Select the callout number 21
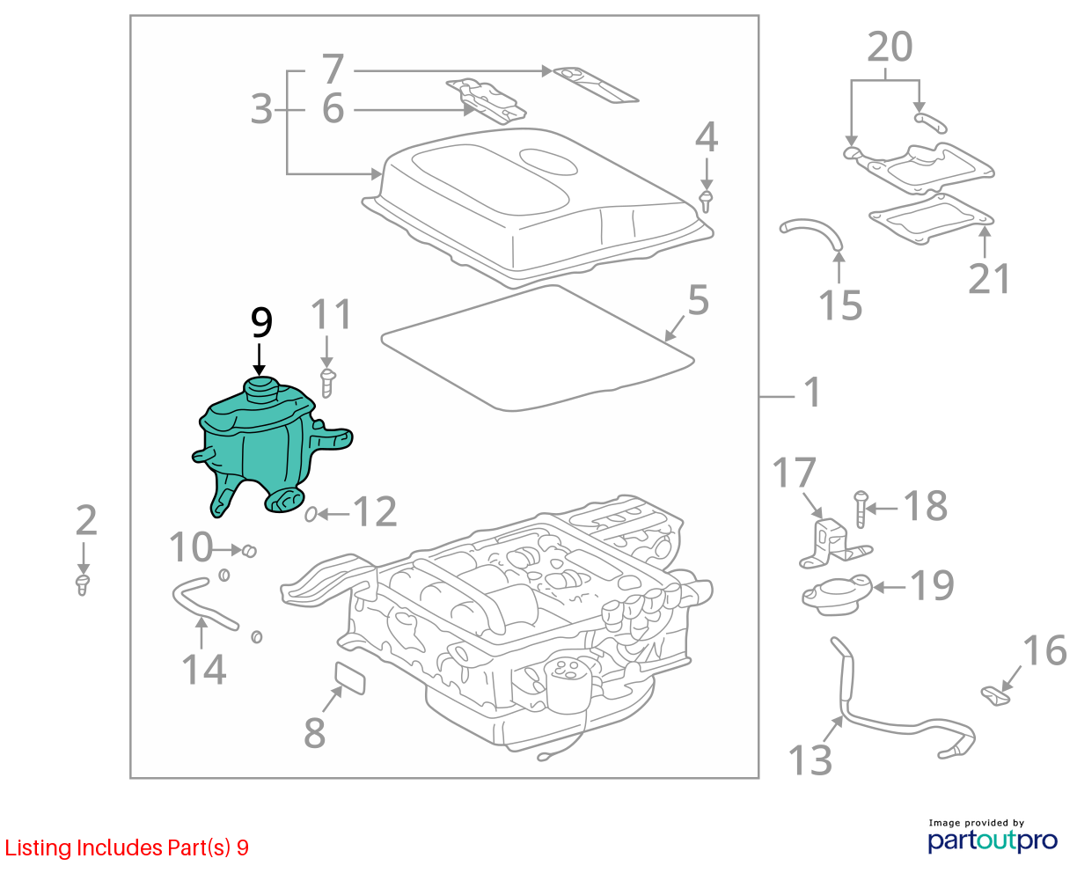(989, 278)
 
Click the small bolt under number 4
(706, 201)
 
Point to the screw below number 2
(83, 584)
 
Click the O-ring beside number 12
(311, 515)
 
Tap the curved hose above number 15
(811, 231)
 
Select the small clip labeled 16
(995, 695)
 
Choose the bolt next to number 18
(861, 509)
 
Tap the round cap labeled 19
(837, 595)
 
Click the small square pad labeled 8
(350, 679)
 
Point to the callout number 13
(810, 760)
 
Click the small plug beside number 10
(249, 550)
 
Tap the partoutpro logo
(992, 840)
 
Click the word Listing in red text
(39, 848)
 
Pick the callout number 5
(698, 299)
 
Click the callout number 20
(890, 47)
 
